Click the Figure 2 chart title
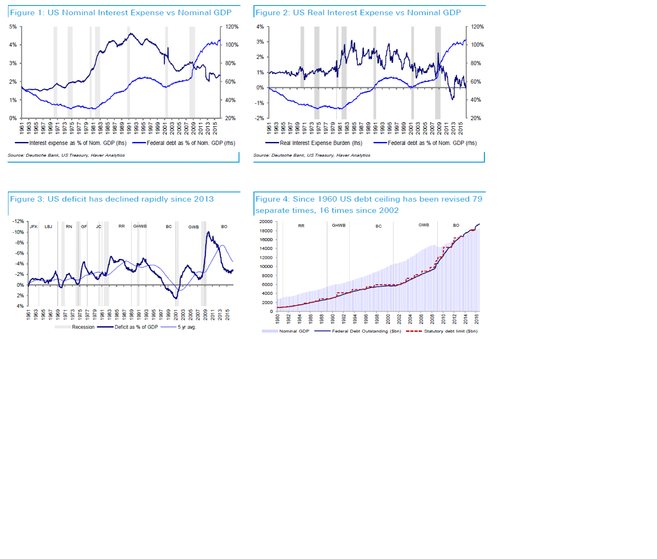coord(358,13)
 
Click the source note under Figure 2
coord(312,155)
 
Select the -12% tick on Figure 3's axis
coord(18,221)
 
